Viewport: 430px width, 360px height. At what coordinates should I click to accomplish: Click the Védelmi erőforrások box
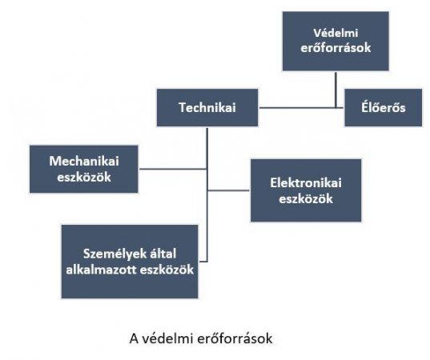tap(336, 41)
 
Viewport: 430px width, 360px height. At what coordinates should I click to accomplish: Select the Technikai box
tap(207, 107)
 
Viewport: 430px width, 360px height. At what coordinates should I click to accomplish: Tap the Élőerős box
tap(384, 107)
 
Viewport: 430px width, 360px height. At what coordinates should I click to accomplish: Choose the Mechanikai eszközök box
tap(84, 169)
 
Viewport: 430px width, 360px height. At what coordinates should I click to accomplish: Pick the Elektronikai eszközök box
tap(306, 190)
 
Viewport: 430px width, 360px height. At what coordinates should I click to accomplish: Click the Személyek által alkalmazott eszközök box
tap(130, 262)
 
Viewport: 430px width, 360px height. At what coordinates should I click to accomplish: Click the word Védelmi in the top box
tap(336, 33)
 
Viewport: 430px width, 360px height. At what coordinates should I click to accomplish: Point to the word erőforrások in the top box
tap(336, 48)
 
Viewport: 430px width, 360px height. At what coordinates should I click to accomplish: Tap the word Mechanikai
tap(84, 161)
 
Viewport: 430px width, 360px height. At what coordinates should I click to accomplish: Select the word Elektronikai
tap(306, 183)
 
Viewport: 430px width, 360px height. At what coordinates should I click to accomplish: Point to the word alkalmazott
tap(101, 270)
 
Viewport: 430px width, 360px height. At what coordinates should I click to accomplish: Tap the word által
tap(163, 254)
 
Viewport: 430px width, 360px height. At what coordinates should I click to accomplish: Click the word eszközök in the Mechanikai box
tap(84, 177)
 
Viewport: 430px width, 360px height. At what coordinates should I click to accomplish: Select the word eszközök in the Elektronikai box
tap(306, 199)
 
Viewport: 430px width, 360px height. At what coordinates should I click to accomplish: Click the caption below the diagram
tap(201, 338)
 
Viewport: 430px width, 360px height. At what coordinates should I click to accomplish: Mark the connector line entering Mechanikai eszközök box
tap(173, 169)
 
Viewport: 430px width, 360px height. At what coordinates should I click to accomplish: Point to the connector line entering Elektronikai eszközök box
tap(228, 190)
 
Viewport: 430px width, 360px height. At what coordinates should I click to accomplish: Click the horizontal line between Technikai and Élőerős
tap(301, 108)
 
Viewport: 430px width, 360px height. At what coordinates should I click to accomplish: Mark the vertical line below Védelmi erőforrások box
tap(336, 90)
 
